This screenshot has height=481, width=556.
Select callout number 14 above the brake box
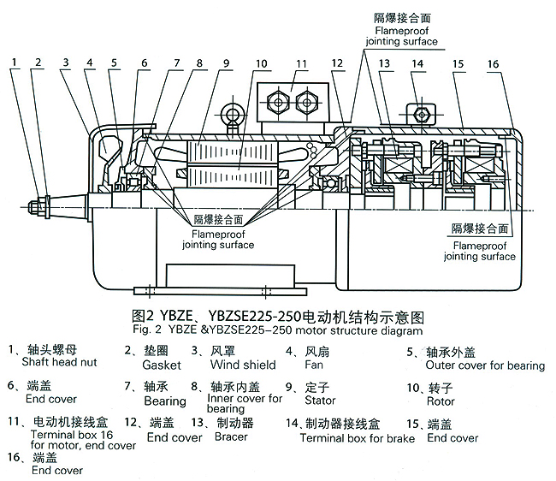tap(417, 63)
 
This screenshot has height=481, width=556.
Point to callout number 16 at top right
tap(494, 63)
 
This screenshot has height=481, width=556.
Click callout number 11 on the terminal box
tap(301, 63)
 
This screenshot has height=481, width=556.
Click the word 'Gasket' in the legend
tap(162, 364)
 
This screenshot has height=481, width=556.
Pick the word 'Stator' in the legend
tap(316, 400)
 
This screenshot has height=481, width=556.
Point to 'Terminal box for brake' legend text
tap(357, 438)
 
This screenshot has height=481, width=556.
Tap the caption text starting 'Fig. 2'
tap(277, 330)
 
